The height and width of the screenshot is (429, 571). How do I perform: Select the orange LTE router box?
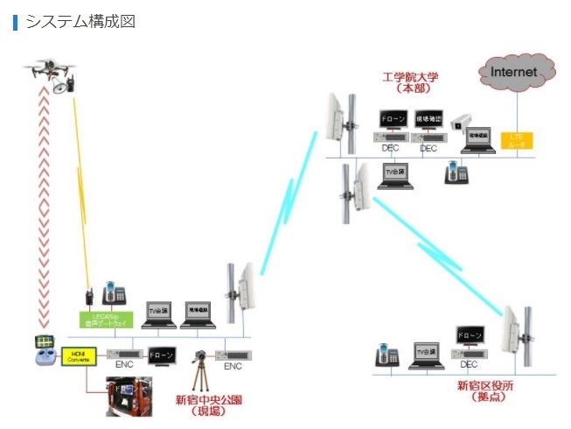click(x=517, y=139)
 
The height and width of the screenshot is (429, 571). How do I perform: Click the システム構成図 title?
click(x=80, y=22)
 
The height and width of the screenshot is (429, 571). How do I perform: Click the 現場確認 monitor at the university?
click(x=428, y=120)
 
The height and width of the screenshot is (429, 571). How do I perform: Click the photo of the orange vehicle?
click(x=129, y=396)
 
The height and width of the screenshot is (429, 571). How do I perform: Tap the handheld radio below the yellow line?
click(x=89, y=296)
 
